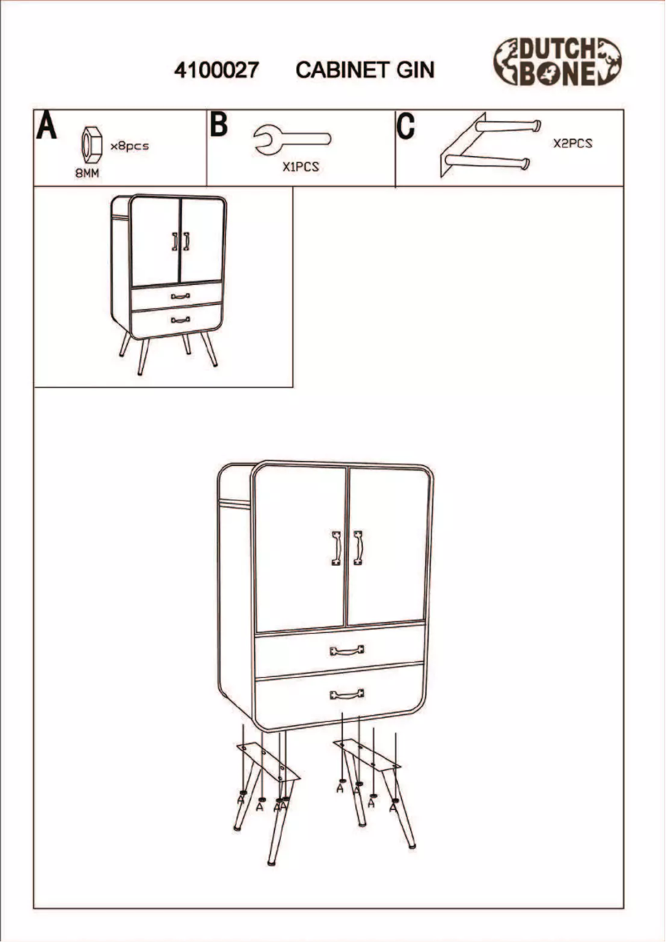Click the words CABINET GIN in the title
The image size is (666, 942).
point(365,71)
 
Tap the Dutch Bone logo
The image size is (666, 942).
point(558,61)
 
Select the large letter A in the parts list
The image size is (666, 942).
point(47,127)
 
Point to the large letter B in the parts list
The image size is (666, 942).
point(219,125)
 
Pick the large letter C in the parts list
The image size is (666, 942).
point(405,127)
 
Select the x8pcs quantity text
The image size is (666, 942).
point(130,146)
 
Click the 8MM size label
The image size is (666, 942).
point(87,174)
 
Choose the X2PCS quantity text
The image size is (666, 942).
point(573,143)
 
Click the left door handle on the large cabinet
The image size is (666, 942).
point(335,548)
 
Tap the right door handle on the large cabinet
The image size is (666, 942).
point(358,548)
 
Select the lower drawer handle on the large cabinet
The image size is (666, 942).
point(347,694)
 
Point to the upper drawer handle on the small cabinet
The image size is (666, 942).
point(179,296)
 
